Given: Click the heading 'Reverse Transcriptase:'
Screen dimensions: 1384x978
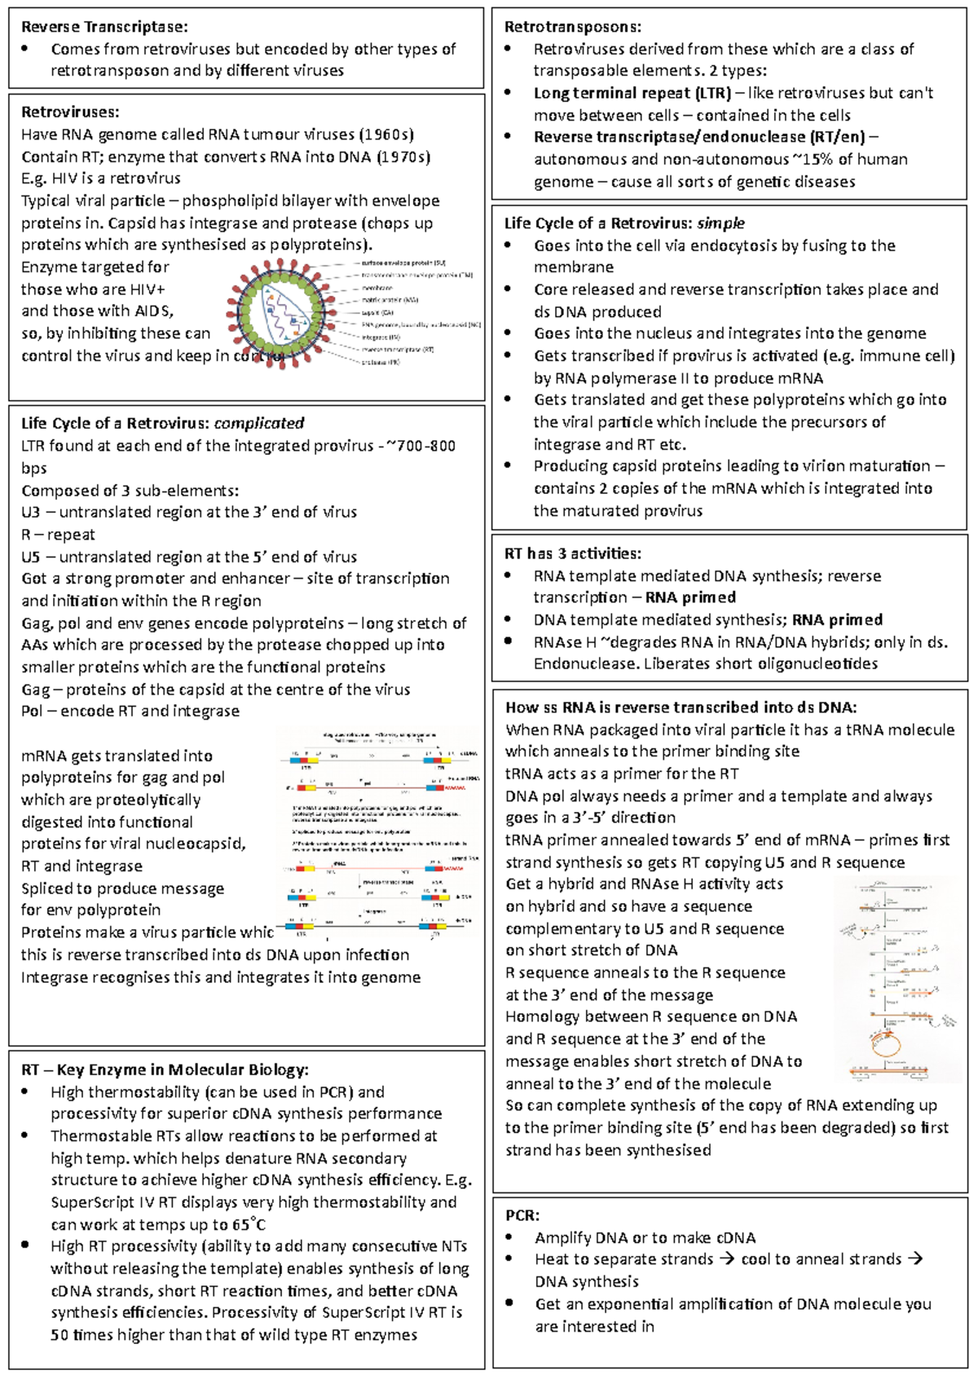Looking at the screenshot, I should click(104, 27).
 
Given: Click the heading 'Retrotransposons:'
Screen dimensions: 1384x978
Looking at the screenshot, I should click(572, 27).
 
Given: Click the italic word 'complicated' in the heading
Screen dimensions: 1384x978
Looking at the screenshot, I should click(258, 423).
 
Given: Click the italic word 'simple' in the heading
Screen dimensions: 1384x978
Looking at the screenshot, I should click(720, 223).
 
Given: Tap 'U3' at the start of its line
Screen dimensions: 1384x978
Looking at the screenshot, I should click(31, 512).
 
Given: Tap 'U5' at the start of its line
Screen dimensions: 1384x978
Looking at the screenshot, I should click(31, 557).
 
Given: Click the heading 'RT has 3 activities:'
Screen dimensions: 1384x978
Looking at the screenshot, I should click(572, 553).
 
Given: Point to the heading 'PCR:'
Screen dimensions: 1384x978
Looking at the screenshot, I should click(522, 1215).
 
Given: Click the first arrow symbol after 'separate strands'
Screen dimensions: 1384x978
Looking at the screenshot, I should click(727, 1259).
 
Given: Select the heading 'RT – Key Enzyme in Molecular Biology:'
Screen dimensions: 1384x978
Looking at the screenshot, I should click(165, 1069).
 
